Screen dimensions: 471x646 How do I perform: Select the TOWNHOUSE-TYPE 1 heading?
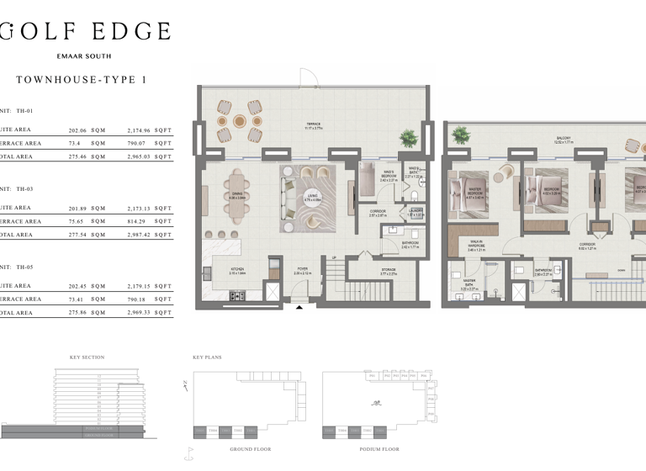(81, 80)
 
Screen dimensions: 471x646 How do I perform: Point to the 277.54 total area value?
(79, 235)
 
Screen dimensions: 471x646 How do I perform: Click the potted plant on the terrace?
(409, 138)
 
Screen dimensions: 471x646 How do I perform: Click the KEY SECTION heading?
(87, 357)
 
